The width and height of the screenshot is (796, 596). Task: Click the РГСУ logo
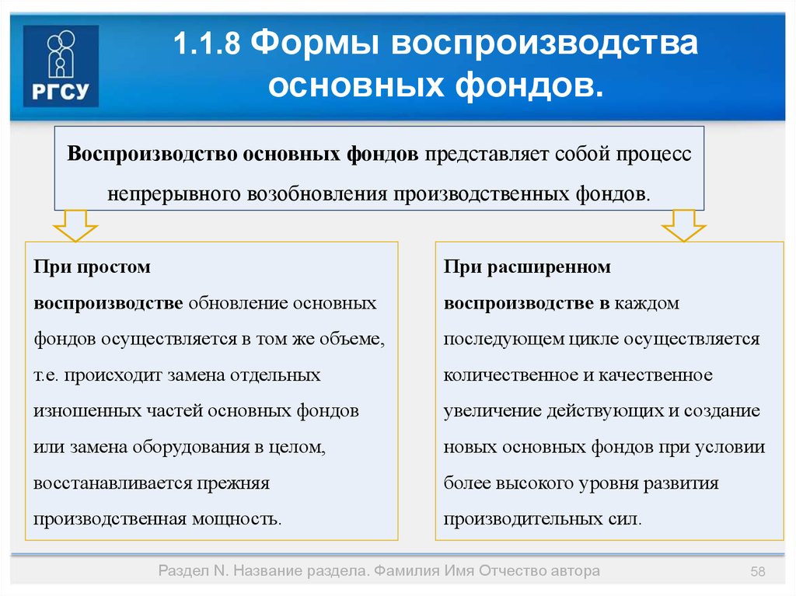[61, 66]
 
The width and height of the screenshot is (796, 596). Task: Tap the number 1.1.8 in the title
[207, 43]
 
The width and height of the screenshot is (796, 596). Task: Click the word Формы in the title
[315, 44]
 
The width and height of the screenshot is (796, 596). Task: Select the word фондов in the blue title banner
[529, 85]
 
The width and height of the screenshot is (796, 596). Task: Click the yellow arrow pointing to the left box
[75, 225]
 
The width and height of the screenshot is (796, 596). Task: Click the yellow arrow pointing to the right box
[683, 225]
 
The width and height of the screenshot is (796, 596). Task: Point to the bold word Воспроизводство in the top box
[152, 154]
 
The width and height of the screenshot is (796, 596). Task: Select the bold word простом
[113, 267]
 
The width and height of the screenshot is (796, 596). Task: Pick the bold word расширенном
[549, 267]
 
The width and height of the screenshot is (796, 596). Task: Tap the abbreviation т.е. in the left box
[46, 375]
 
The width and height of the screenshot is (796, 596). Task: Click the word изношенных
[87, 411]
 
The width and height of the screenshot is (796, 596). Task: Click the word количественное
[509, 375]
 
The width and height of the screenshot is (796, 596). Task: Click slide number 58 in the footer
[757, 572]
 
